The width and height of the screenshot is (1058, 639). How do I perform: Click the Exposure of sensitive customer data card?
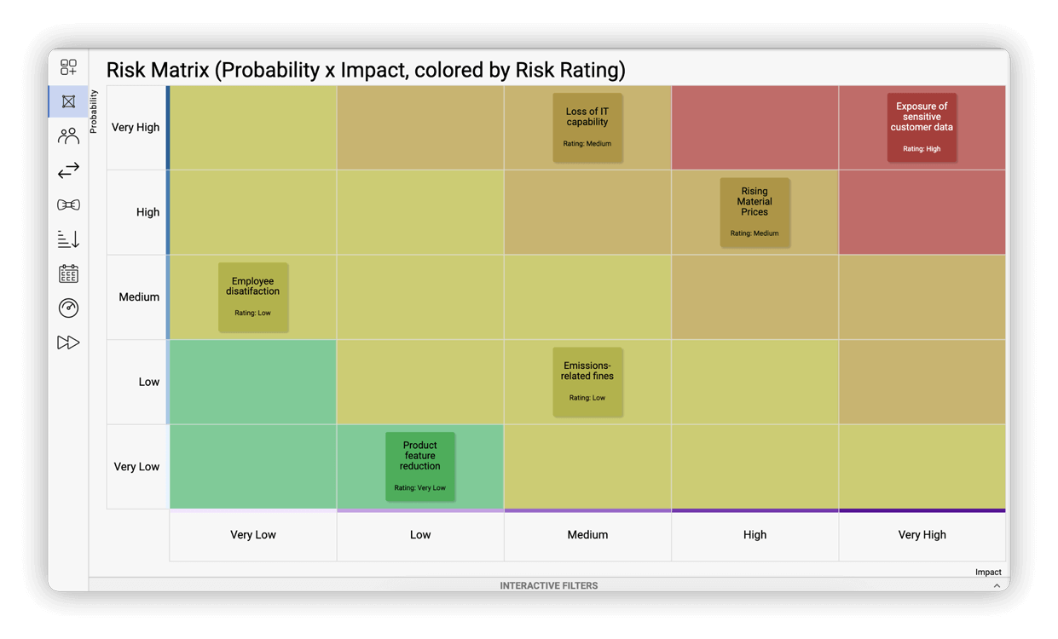tap(922, 127)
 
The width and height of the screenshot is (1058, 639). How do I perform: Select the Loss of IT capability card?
tap(587, 127)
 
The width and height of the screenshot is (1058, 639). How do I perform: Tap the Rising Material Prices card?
tap(754, 212)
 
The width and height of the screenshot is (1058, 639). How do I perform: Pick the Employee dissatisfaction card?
tap(253, 296)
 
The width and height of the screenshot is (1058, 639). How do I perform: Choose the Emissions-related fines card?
tap(587, 382)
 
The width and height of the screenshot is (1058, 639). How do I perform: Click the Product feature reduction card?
tap(420, 466)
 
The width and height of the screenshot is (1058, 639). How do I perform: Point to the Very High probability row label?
tap(136, 128)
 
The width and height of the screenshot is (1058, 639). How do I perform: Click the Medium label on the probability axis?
tap(139, 297)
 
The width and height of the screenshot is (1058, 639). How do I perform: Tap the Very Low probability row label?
tap(136, 467)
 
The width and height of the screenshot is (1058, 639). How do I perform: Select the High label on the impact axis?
tap(754, 535)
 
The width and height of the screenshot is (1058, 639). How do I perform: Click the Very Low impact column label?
tap(253, 535)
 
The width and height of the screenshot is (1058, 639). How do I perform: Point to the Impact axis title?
tap(987, 572)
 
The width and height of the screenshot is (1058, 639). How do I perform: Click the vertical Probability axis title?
tap(94, 112)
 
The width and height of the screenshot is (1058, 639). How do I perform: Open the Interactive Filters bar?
tap(548, 585)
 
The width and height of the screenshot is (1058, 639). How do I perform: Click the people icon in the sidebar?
tap(68, 136)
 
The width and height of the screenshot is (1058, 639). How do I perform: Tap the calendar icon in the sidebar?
tap(68, 273)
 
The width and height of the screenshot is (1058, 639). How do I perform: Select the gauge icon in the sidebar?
tap(68, 308)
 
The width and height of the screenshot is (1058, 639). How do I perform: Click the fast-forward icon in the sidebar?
tap(68, 343)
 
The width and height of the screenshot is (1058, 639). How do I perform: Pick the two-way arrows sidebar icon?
tap(68, 170)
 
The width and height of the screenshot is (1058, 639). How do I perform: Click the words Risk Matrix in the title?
tap(157, 70)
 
